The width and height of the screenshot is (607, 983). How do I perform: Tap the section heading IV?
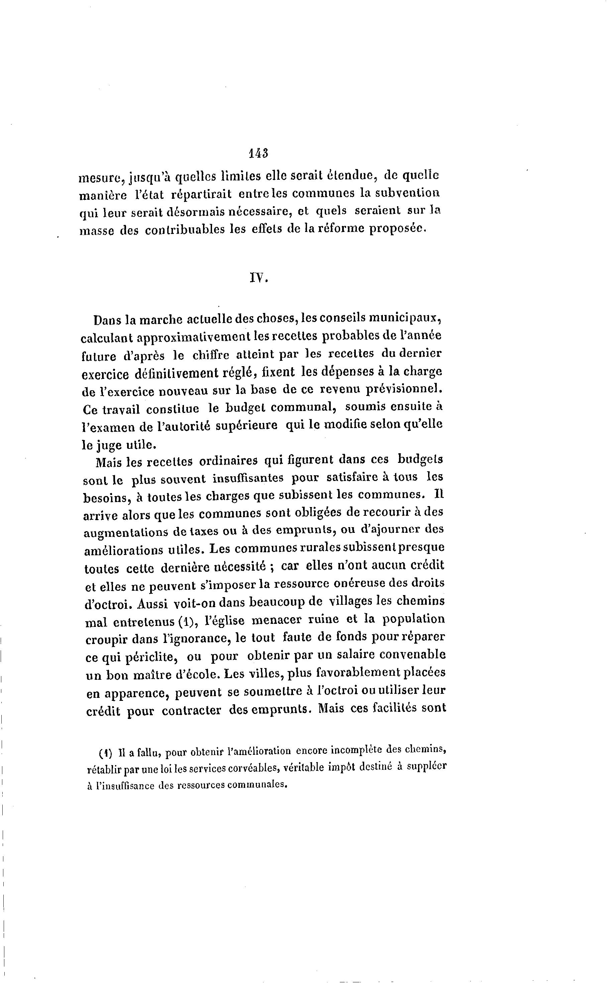coord(258,277)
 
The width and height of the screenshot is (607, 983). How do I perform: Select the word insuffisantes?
coord(248,478)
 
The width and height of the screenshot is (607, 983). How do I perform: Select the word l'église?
coord(224,621)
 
